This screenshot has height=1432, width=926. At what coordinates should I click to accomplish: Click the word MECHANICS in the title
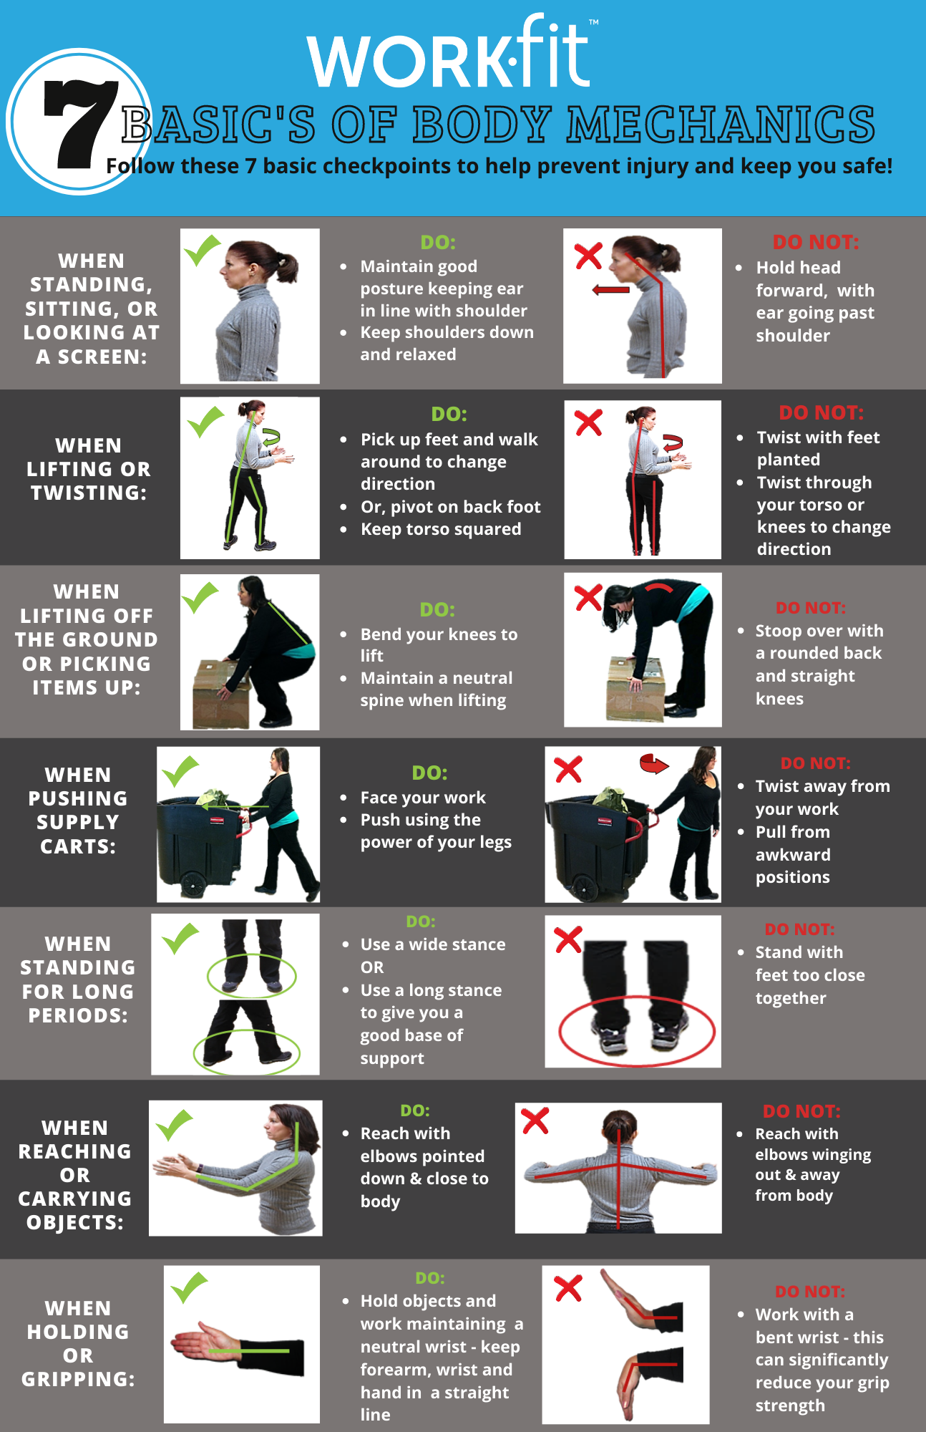(x=721, y=125)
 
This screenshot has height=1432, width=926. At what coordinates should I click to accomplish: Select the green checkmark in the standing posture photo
(x=202, y=251)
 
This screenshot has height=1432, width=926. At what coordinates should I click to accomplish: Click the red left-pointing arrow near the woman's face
(x=610, y=290)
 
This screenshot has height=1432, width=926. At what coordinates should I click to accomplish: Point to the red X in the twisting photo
(x=588, y=422)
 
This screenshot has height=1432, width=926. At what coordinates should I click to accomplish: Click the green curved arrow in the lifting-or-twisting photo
(x=271, y=437)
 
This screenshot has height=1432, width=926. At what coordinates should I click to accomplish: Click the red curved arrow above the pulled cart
(x=653, y=765)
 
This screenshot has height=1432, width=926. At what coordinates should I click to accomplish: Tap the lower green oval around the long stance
(x=246, y=1052)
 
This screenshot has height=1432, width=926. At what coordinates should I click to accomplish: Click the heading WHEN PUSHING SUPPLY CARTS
(x=77, y=811)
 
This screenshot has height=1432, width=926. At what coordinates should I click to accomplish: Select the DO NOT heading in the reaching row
(x=801, y=1111)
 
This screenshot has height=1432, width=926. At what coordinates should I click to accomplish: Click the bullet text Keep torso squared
(x=440, y=529)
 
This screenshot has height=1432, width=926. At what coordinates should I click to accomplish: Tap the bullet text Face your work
(x=422, y=798)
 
